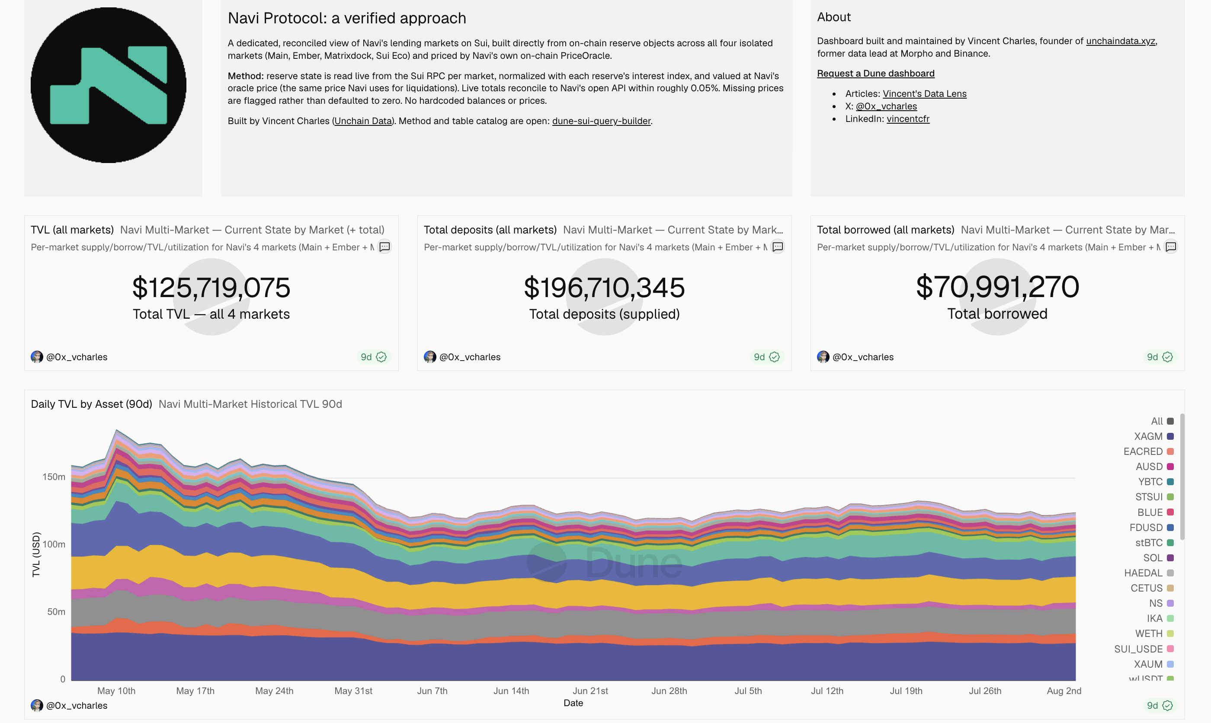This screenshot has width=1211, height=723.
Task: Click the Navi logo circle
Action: point(109,85)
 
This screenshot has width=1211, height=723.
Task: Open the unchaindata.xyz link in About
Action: point(1121,41)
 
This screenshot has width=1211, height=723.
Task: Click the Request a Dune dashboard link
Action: point(875,73)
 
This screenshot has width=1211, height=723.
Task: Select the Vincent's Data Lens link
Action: point(924,93)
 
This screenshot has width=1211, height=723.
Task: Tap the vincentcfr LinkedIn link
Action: point(907,119)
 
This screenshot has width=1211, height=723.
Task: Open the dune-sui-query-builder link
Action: point(601,121)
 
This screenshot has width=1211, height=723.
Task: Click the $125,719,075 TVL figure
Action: point(211,287)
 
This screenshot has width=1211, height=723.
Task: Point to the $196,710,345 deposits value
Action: point(604,287)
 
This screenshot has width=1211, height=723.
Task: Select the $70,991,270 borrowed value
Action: point(997,286)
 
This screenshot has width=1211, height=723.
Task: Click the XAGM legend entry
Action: point(1153,436)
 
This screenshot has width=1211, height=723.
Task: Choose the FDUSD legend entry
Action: point(1151,527)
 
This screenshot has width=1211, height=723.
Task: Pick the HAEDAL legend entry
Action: point(1149,573)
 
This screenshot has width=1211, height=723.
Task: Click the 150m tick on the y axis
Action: point(54,477)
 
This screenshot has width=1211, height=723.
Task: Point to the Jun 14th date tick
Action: point(511,691)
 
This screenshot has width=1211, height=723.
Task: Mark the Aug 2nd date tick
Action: point(1064,691)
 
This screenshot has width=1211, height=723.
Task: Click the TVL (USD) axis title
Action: point(36,554)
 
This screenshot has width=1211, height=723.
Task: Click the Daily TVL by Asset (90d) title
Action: point(92,404)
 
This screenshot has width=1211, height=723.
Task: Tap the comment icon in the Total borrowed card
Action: point(1171,247)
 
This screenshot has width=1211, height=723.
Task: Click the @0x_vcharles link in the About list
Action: point(886,106)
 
